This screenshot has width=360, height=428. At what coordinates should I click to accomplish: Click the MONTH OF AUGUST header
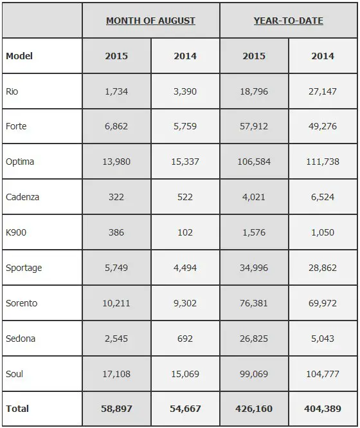point(150,21)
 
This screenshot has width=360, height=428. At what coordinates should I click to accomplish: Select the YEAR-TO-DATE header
point(289,21)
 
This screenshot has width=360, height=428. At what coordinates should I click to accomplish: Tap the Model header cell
point(19,56)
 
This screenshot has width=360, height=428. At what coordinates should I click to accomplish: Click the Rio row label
point(12,91)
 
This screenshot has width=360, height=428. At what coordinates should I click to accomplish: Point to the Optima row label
point(20,162)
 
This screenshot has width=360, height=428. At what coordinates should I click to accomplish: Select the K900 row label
point(16,232)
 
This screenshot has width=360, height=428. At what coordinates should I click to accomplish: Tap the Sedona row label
point(21,339)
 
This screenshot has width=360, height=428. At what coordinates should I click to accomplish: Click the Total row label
point(17,409)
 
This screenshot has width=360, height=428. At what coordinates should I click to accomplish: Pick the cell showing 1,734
point(116,91)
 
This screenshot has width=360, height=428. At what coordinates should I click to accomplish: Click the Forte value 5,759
point(185,126)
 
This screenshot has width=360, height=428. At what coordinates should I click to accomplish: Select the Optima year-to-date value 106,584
point(254,162)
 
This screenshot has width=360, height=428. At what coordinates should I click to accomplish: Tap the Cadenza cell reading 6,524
point(323,197)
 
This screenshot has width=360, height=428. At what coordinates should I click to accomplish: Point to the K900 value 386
point(116,232)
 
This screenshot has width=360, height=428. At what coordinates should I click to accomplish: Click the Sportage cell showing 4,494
point(185,268)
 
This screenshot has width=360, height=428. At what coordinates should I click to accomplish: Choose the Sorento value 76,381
point(254,303)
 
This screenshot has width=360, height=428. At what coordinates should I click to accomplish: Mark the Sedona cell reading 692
point(185,339)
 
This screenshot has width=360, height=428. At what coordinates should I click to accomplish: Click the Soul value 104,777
point(323,374)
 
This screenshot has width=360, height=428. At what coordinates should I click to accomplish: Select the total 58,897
point(116,409)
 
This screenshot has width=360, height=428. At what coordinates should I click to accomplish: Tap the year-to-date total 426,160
point(254,409)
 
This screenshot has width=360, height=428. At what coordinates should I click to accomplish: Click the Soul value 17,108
point(116,374)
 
